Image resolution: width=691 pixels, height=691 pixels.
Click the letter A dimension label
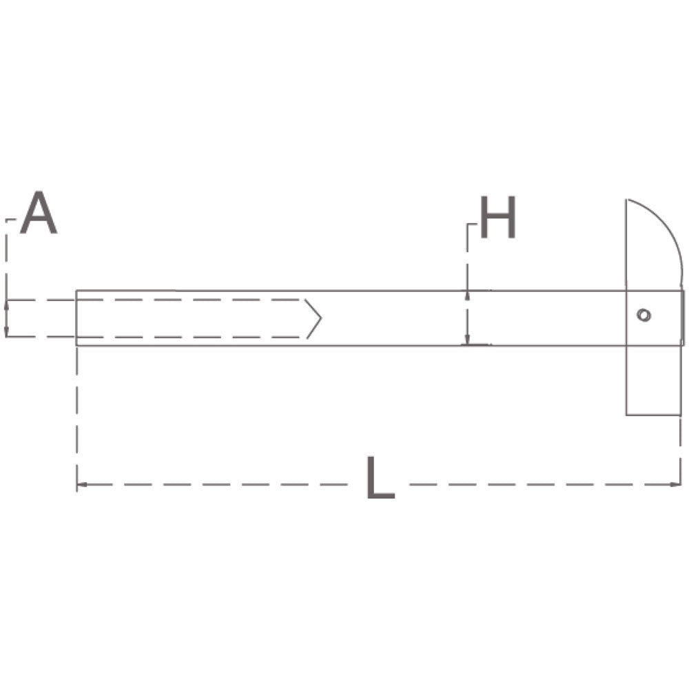[39, 214]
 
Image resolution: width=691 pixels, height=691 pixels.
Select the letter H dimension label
[497, 218]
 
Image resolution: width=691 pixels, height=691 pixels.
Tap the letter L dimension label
[379, 477]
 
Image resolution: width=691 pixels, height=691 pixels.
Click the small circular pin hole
[643, 315]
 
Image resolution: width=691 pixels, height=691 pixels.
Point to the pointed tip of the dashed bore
[320, 318]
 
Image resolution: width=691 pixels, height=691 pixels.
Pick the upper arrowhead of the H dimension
[467, 296]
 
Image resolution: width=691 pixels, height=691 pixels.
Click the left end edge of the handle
[76, 318]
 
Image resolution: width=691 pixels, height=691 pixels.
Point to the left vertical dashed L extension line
[76, 413]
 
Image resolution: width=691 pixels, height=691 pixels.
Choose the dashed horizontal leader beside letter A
[12, 220]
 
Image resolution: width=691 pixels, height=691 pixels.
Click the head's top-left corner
[626, 200]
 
